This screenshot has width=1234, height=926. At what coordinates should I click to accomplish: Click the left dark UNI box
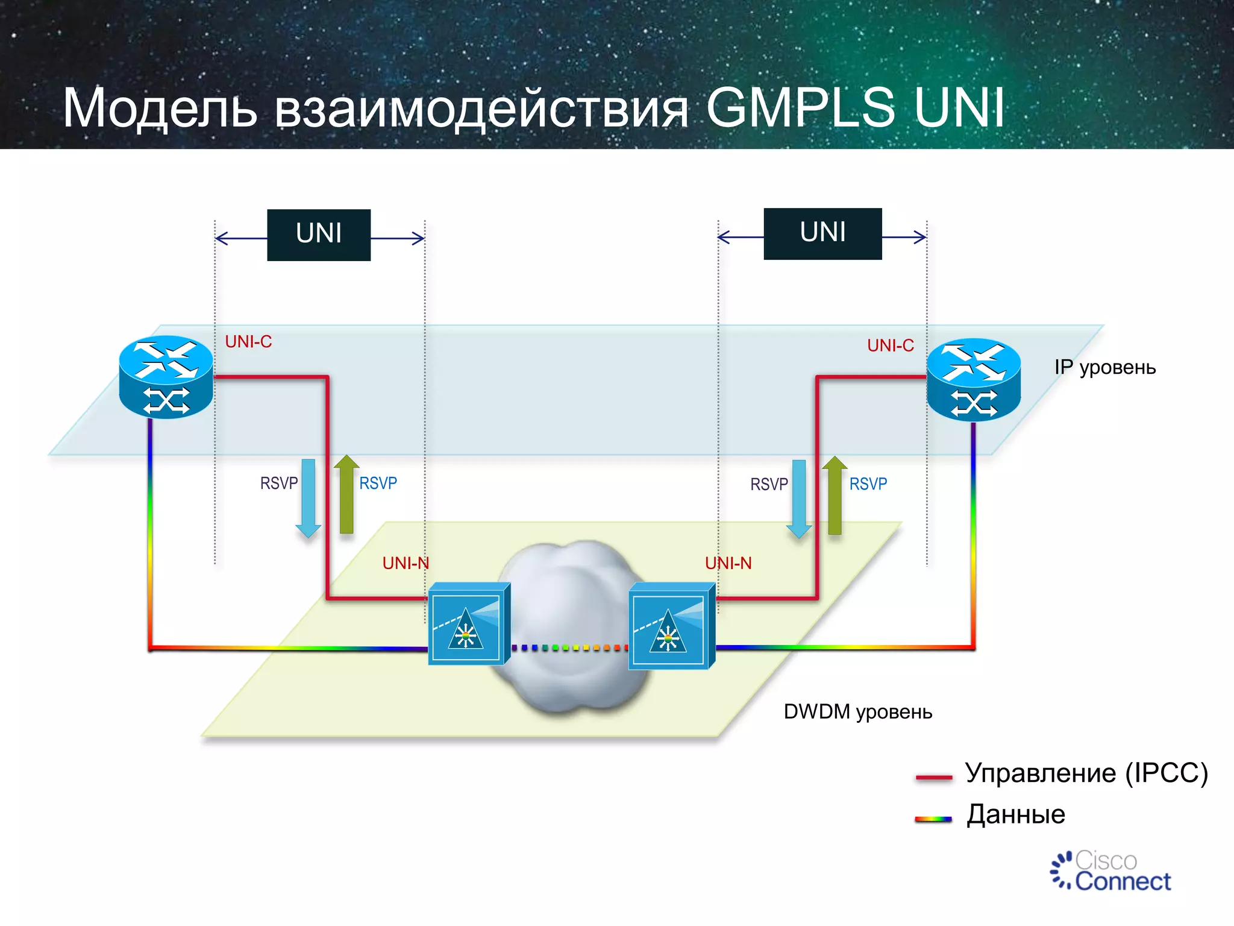[319, 235]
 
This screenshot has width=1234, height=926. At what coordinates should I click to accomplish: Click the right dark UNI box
[822, 233]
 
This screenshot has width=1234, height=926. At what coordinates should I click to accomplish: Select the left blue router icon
[166, 377]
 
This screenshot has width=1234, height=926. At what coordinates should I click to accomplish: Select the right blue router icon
[973, 379]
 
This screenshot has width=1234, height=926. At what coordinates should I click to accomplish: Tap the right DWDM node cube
[671, 626]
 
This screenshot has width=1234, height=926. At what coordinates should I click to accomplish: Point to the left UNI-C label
[248, 342]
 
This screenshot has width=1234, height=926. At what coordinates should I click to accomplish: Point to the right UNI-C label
[890, 345]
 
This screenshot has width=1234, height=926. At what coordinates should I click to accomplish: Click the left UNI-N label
[406, 563]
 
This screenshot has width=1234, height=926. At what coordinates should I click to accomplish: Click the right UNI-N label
[728, 563]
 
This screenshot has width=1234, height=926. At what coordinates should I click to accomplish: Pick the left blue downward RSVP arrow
[308, 497]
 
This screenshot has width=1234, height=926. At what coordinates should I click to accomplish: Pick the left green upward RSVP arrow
[346, 494]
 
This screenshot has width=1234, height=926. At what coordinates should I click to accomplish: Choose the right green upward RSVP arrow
[835, 495]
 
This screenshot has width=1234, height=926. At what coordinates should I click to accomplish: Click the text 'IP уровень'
[1104, 367]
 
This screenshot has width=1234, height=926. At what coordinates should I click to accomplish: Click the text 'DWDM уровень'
[857, 712]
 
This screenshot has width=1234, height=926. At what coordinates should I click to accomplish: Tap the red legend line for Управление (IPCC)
[933, 777]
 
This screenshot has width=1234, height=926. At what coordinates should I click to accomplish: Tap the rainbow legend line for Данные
[933, 819]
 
